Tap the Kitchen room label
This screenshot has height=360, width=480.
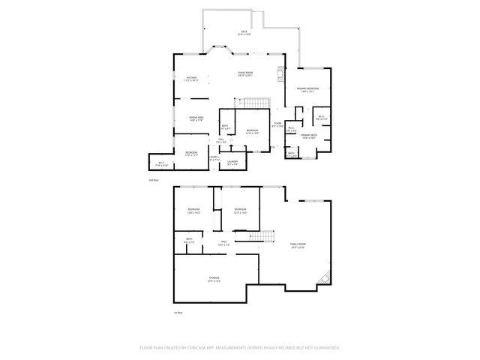pyautogui.click(x=191, y=78)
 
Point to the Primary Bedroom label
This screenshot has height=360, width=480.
pyautogui.click(x=307, y=89)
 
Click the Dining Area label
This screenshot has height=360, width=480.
pyautogui.click(x=196, y=118)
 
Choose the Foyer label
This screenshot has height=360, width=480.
pyautogui.click(x=277, y=124)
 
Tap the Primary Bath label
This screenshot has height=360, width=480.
pyautogui.click(x=310, y=136)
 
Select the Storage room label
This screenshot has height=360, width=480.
pyautogui.click(x=214, y=278)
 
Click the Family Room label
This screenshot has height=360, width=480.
pyautogui.click(x=298, y=245)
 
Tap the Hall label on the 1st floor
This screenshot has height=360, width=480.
pyautogui.click(x=223, y=242)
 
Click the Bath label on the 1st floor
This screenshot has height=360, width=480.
pyautogui.click(x=189, y=241)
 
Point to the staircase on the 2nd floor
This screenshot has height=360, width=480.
pyautogui.click(x=257, y=103)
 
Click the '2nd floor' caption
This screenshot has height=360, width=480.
pyautogui.click(x=153, y=181)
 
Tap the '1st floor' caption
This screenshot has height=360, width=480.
pyautogui.click(x=178, y=311)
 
